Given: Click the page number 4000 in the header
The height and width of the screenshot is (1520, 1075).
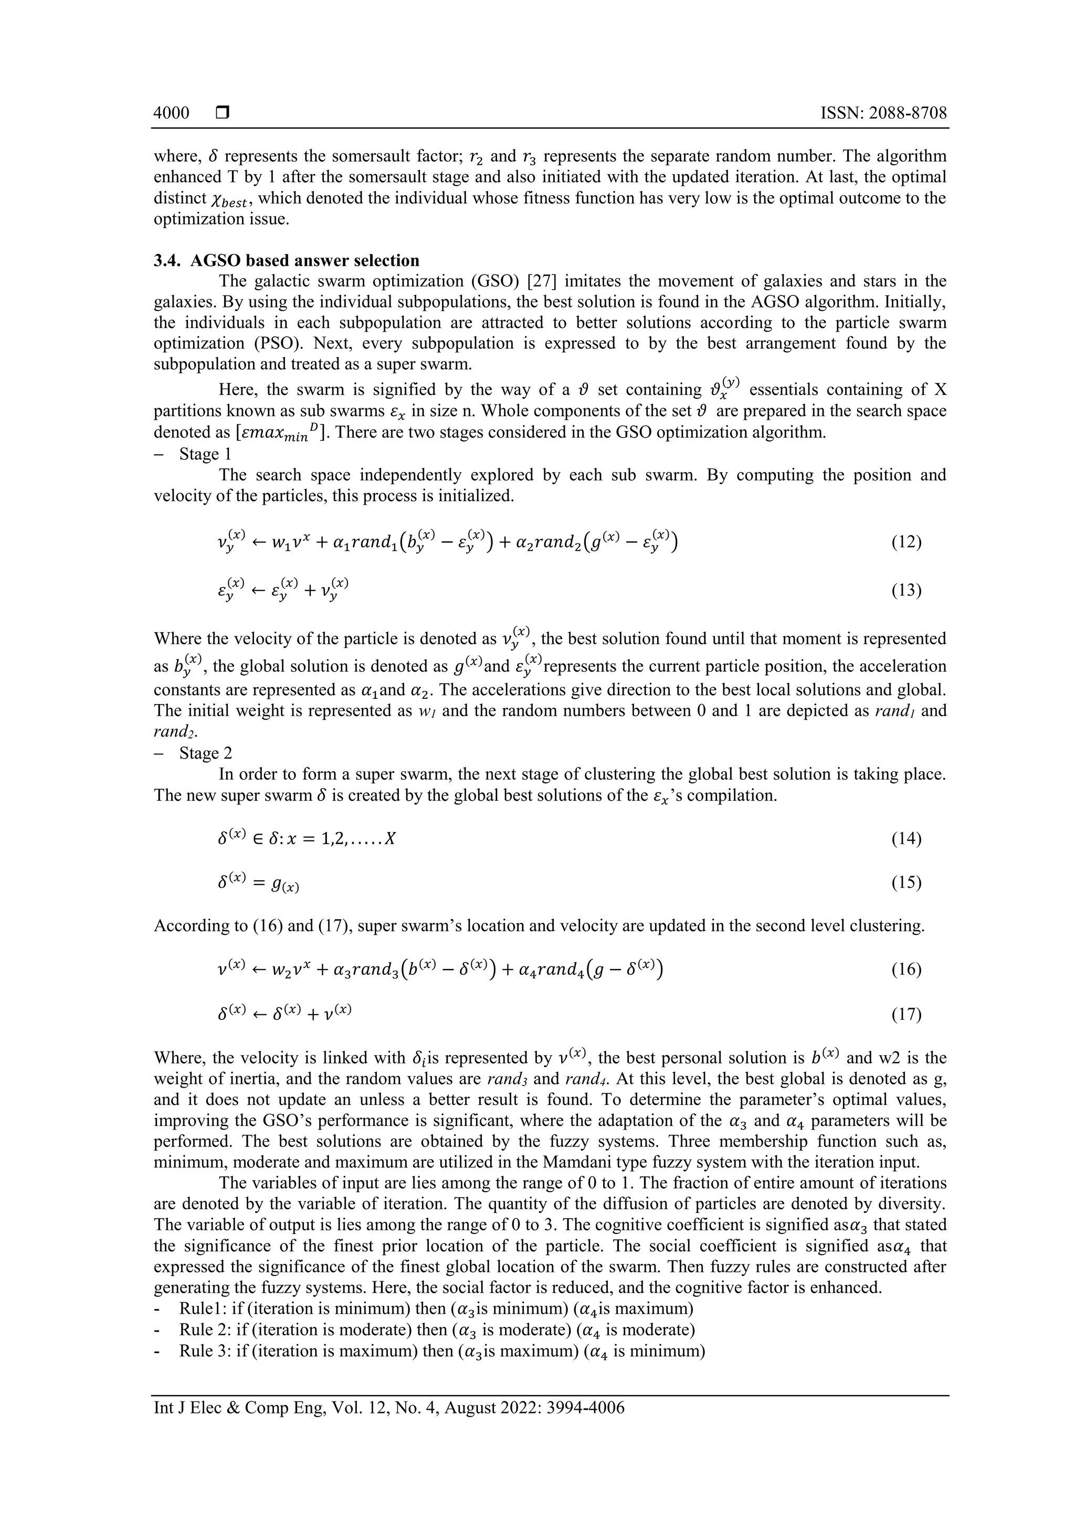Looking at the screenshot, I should [171, 112].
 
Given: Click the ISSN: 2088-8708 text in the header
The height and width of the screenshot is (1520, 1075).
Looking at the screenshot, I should [883, 112].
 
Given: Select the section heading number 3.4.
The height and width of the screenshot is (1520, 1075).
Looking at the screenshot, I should [167, 260].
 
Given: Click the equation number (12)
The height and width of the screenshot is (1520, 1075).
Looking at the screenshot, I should [906, 542].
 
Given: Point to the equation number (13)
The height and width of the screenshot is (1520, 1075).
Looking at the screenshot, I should [906, 590].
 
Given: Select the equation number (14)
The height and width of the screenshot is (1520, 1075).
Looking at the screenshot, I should [906, 839].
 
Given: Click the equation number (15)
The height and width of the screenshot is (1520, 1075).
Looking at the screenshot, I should [906, 883].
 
